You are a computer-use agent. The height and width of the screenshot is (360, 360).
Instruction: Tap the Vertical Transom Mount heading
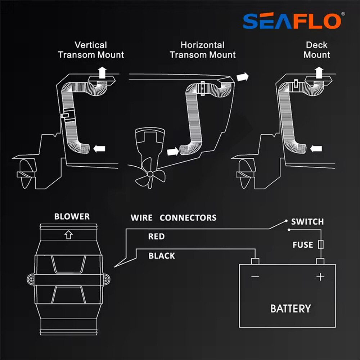(91, 50)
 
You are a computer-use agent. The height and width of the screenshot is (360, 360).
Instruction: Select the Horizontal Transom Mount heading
(202, 50)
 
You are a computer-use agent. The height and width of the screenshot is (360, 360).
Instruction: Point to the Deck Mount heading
(317, 50)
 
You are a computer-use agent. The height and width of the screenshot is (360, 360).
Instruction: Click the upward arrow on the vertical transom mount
(103, 72)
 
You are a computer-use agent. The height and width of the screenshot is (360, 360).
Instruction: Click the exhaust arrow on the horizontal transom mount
(243, 77)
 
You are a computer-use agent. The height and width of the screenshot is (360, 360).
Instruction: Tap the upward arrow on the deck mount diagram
(319, 72)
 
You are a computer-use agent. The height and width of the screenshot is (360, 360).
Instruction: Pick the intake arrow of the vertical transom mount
(99, 148)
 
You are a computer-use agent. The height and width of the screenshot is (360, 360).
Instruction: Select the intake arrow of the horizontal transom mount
(173, 152)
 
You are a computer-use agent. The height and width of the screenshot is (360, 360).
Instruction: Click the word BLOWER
(72, 217)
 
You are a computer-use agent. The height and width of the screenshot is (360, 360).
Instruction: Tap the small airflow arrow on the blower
(68, 235)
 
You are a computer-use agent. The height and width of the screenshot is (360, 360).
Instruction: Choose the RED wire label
(156, 237)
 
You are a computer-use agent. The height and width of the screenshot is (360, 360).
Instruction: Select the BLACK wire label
(162, 256)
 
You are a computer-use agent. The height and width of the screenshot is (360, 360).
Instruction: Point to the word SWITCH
(307, 222)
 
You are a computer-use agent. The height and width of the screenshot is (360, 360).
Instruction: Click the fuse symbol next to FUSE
(321, 245)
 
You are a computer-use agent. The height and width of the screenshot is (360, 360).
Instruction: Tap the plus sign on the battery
(320, 276)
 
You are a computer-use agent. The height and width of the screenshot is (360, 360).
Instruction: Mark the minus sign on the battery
(255, 276)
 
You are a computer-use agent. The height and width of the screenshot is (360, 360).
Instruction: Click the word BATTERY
(290, 309)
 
